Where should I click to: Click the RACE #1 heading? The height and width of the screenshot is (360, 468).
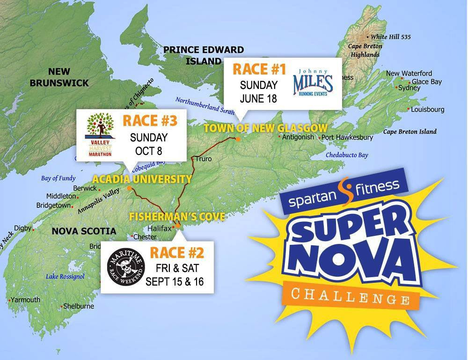point(259,70)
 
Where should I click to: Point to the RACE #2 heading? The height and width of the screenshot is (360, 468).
point(177,253)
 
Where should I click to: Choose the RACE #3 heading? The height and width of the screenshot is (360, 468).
point(150,120)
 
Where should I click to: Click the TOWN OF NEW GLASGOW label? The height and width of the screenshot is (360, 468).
point(265,128)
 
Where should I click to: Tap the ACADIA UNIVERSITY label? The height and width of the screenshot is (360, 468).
point(142,179)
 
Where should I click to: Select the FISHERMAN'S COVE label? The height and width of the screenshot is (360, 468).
point(177,217)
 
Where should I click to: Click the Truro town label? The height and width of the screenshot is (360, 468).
point(204,159)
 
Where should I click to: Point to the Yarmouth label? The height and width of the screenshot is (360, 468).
point(26,300)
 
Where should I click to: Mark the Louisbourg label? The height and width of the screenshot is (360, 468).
point(427,110)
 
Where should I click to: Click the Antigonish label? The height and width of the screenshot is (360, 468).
point(298,137)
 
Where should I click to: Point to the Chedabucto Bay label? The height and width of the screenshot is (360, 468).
point(347,155)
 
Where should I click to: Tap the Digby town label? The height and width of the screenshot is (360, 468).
point(22,228)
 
